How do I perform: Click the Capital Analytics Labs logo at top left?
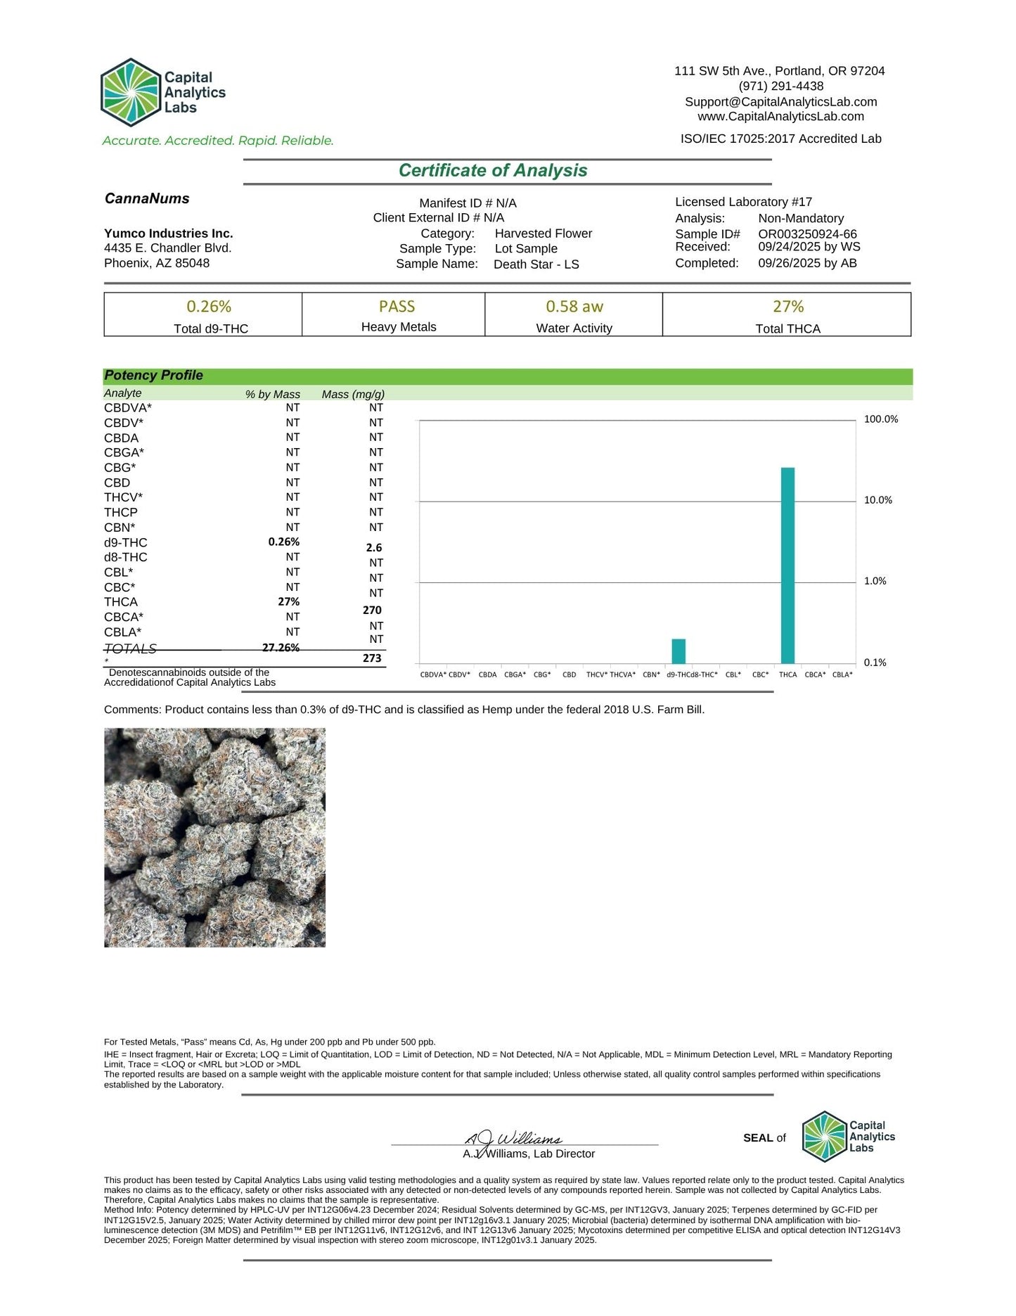click(162, 92)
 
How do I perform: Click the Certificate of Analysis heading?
click(492, 171)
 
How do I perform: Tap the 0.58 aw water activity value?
click(574, 307)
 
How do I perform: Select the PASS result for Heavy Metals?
click(397, 307)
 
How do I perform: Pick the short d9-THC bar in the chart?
click(679, 651)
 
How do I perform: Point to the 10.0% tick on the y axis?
click(877, 500)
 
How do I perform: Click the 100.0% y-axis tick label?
click(880, 419)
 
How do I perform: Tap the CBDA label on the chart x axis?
click(487, 675)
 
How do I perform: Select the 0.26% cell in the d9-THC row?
click(284, 542)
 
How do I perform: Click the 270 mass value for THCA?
click(372, 611)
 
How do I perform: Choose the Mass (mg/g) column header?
click(353, 395)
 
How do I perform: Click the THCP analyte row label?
click(121, 513)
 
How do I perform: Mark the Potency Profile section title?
click(153, 376)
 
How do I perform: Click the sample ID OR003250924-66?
click(807, 234)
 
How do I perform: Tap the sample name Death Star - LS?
click(536, 264)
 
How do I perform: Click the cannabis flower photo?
click(214, 837)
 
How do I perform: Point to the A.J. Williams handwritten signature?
click(513, 1137)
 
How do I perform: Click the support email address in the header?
click(780, 102)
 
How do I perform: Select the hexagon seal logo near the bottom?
click(824, 1136)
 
